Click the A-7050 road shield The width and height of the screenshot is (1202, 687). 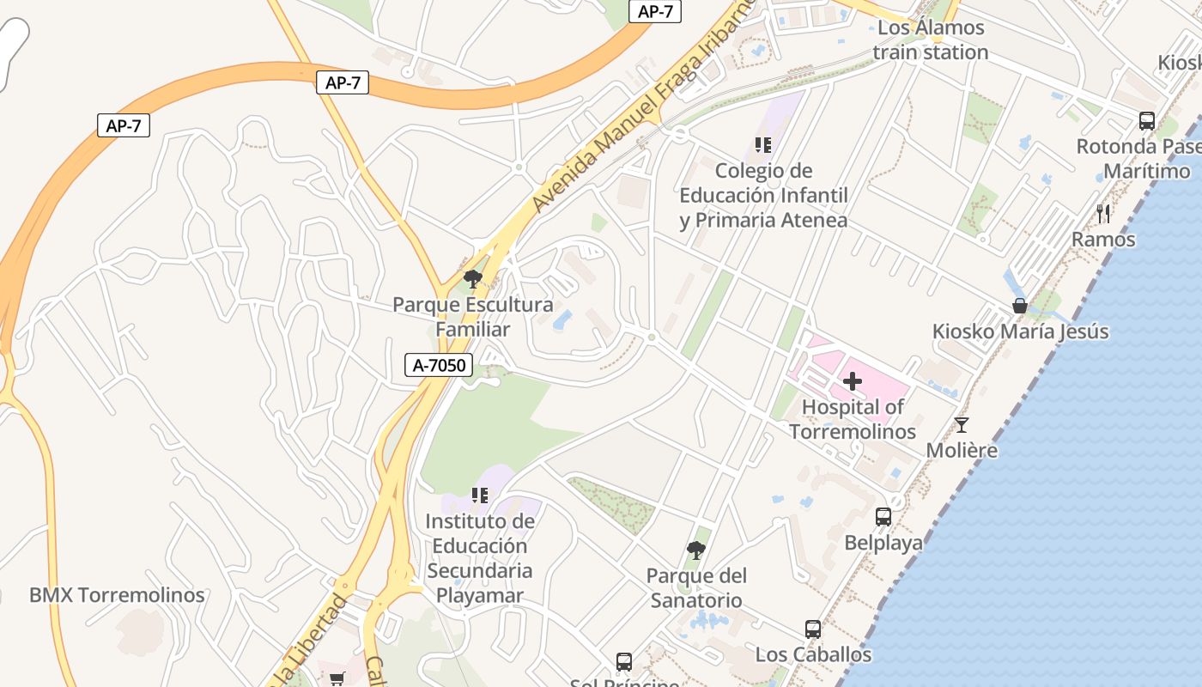[x=439, y=365]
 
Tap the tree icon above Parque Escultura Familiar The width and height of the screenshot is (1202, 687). [x=472, y=278]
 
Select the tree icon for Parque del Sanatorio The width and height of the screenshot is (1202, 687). [x=696, y=550]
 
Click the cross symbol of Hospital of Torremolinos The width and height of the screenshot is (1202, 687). [x=853, y=381]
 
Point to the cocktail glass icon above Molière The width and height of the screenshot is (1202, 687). [x=962, y=424]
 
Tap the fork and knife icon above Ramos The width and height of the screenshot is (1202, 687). [x=1103, y=213]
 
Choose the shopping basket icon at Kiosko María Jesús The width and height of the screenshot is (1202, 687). [x=1020, y=306]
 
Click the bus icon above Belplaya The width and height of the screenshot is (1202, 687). [x=883, y=516]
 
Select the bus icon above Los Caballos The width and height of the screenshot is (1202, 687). [x=813, y=629]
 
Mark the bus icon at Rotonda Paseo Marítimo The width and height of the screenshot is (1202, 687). [x=1147, y=120]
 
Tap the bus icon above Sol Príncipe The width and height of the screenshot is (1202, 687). [x=624, y=662]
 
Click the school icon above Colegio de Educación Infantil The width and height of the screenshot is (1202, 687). [x=763, y=144]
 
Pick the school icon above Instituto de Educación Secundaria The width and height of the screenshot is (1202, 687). [x=480, y=495]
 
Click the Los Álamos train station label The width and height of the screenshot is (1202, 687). [x=931, y=40]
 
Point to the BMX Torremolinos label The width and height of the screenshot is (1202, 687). [x=117, y=595]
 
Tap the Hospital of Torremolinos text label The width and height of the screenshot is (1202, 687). [x=853, y=419]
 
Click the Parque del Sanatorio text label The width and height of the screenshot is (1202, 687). [x=696, y=587]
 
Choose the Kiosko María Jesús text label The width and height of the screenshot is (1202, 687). [x=1021, y=331]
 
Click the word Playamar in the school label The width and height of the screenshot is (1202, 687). [x=480, y=595]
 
